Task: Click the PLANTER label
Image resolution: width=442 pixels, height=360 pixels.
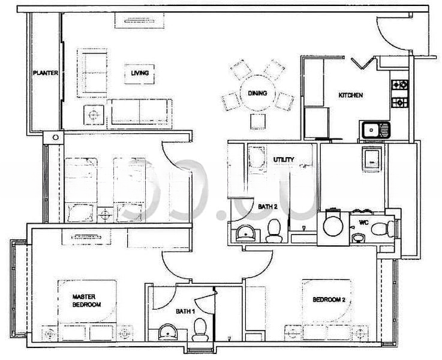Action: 46,73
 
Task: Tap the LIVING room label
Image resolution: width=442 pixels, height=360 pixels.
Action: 140,73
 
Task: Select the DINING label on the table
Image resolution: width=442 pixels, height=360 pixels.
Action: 258,93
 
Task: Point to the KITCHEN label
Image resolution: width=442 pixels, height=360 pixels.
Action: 351,95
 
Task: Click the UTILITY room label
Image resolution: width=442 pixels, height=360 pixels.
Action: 283,160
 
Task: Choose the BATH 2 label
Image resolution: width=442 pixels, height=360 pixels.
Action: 267,207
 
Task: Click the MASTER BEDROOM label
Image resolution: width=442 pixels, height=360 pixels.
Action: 86,300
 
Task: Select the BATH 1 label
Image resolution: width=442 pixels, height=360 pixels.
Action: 184,311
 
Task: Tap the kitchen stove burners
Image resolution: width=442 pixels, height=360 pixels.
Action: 399,94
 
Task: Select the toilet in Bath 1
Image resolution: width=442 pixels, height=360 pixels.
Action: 200,329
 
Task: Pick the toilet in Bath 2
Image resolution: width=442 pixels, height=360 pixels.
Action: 274,230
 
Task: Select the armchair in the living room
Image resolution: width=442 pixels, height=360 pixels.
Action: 94,68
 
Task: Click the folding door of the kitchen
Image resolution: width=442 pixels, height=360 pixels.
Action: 364,61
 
